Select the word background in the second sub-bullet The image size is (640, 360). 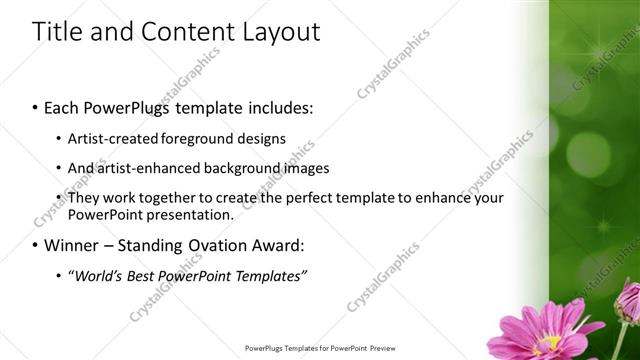238,168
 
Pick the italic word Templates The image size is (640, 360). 268,276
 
